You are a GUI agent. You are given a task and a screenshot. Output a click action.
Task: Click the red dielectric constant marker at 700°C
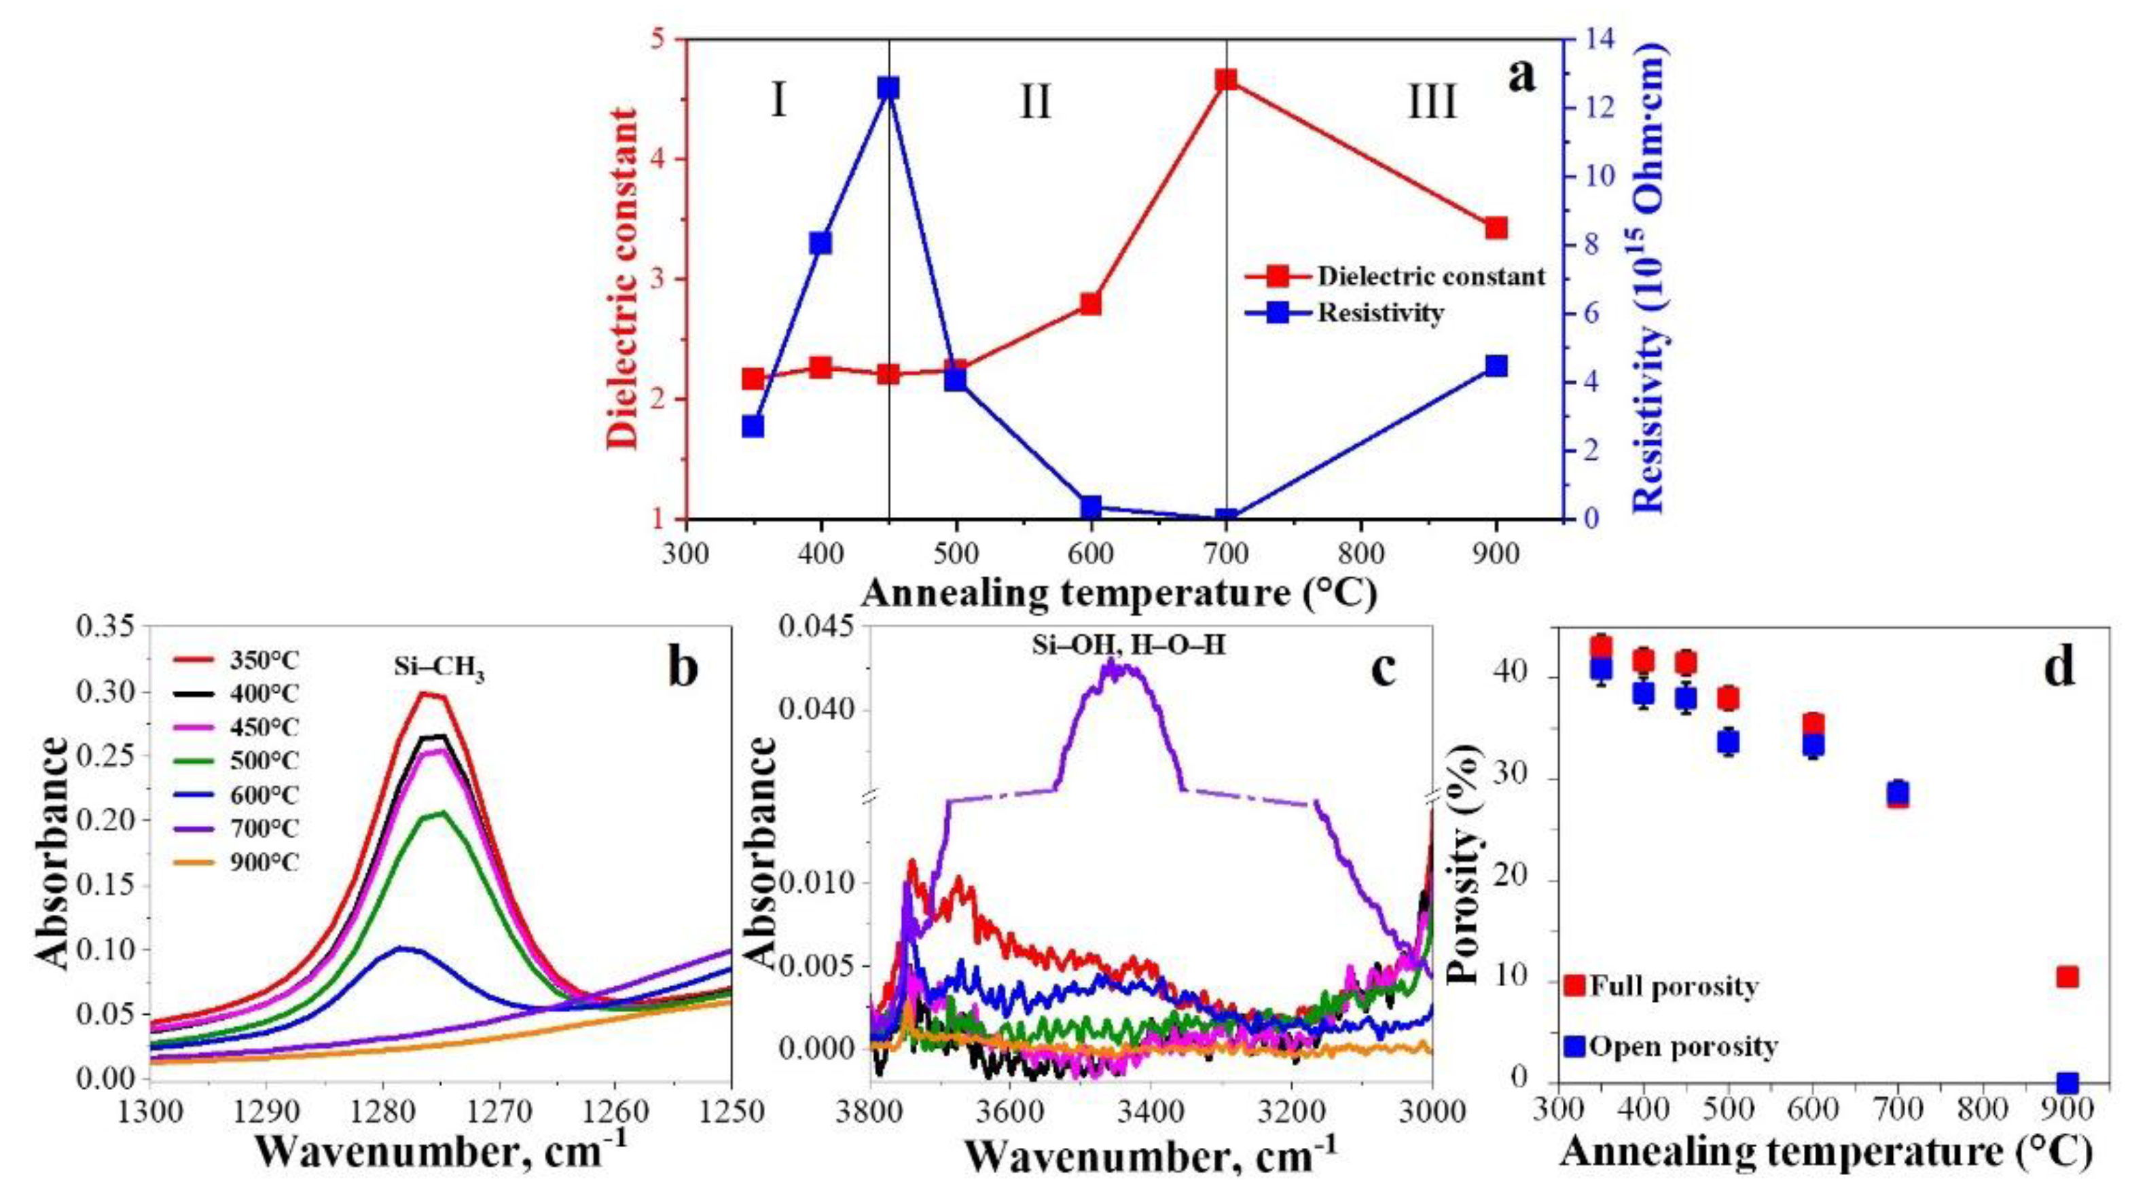pos(1225,79)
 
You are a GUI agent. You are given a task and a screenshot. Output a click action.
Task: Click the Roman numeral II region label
pos(1034,104)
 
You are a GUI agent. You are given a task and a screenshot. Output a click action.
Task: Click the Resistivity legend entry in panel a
pos(1380,313)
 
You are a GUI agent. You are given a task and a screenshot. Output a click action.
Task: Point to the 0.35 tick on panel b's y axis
pos(107,627)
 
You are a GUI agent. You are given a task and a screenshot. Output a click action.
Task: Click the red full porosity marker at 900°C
pos(2067,977)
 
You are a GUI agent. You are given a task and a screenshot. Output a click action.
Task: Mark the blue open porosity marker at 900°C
pos(2067,1083)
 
